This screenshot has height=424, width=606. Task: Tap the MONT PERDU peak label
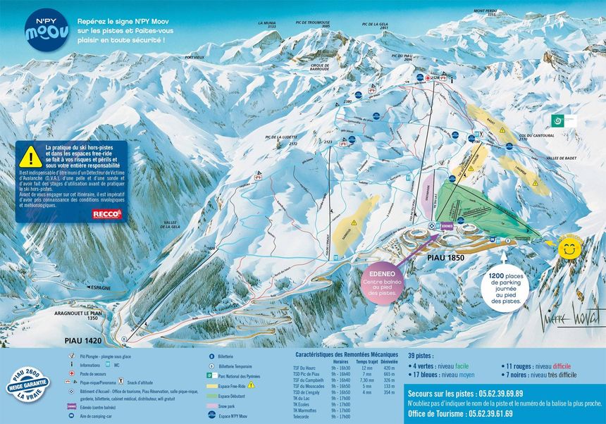tap(486, 13)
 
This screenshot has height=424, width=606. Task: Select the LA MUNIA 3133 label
tap(267, 25)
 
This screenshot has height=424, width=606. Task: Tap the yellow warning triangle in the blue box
tap(30, 156)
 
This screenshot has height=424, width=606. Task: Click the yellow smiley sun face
tap(569, 249)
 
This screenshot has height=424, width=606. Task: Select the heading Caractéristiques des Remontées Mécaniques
tap(347, 355)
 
